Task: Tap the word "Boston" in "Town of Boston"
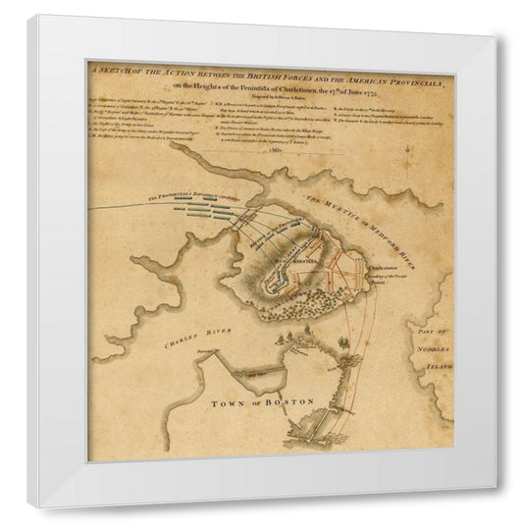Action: pyautogui.click(x=289, y=402)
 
